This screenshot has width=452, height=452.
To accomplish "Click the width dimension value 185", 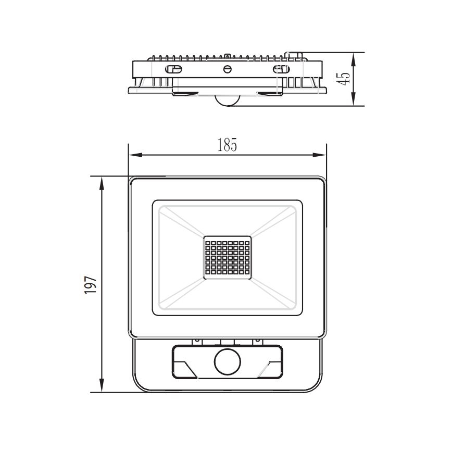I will click(x=227, y=145).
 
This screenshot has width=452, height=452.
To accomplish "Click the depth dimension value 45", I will click(x=343, y=79).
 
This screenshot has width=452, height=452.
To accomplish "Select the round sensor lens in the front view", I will click(x=227, y=361).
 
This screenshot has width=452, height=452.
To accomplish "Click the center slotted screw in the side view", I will click(x=227, y=69).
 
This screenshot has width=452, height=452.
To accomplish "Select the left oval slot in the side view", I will click(x=173, y=69).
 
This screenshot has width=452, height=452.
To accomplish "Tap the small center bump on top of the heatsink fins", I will click(x=228, y=54).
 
